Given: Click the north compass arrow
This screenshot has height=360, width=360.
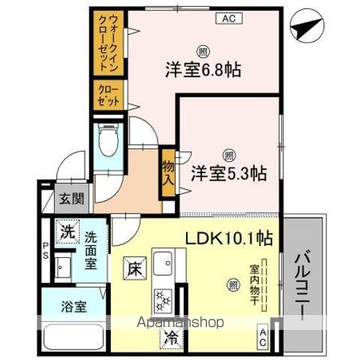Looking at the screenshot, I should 304,29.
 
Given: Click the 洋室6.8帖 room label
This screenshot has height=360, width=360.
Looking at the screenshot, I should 202,71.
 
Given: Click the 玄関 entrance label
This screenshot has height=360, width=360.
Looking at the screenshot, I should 73,200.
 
